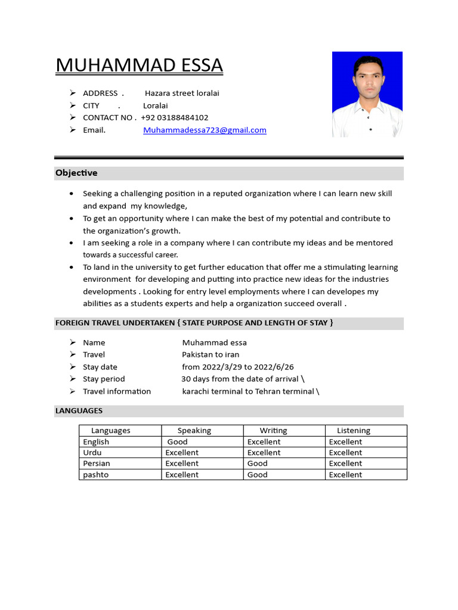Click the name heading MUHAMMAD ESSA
pyautogui.click(x=139, y=65)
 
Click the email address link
pyautogui.click(x=205, y=130)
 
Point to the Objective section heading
pyautogui.click(x=76, y=173)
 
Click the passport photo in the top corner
pyautogui.click(x=367, y=94)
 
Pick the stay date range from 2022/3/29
pyautogui.click(x=238, y=367)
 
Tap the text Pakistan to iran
pyautogui.click(x=211, y=354)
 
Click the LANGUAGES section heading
pyautogui.click(x=79, y=410)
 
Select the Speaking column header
pyautogui.click(x=194, y=430)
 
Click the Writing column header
pyautogui.click(x=273, y=430)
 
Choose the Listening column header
pyautogui.click(x=354, y=430)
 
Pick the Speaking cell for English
pyautogui.click(x=177, y=442)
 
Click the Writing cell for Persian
pyautogui.click(x=258, y=463)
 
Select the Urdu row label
pyautogui.click(x=92, y=453)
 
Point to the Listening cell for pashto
pyautogui.click(x=345, y=475)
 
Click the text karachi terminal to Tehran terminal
pyautogui.click(x=248, y=391)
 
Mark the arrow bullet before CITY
pyautogui.click(x=72, y=105)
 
